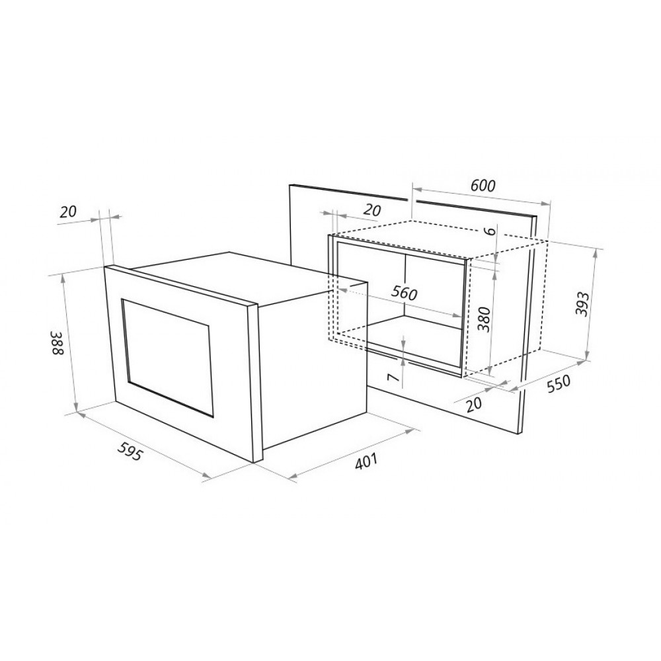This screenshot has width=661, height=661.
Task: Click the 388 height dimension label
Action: coord(58,342)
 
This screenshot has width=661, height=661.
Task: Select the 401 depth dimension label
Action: coord(366,461)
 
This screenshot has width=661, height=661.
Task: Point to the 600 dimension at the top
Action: coord(483,186)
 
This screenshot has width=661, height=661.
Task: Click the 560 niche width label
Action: coord(404,293)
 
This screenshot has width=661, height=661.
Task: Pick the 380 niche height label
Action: coord(485,319)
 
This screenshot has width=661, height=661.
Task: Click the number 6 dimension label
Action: coord(489,231)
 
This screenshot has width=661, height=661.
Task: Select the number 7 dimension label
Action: coord(393,377)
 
